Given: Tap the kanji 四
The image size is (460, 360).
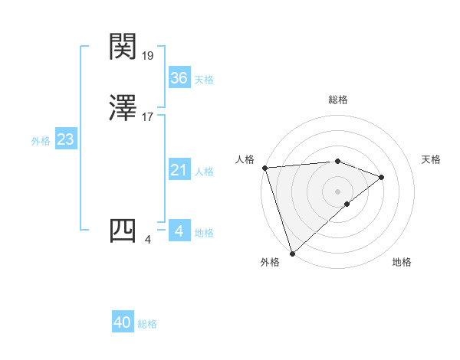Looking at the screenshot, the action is (x=123, y=231).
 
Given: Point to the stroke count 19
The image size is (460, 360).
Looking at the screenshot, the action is (x=149, y=55).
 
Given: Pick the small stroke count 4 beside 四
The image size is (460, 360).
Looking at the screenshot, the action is (x=148, y=240).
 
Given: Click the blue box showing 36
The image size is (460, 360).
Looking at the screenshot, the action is (x=179, y=78).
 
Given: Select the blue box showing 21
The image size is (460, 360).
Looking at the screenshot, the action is (x=179, y=171).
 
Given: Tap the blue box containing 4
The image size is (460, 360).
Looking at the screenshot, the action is (x=179, y=231).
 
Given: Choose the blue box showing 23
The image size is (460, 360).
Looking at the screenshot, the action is (x=65, y=140).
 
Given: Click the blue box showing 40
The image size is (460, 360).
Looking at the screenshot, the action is (x=123, y=323).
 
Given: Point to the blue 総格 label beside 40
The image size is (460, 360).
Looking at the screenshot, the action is (x=147, y=324).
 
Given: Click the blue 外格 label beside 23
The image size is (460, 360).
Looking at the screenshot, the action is (x=41, y=141).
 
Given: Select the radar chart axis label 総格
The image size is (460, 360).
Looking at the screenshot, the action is (x=338, y=100).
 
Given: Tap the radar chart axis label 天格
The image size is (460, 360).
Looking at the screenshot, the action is (x=432, y=159).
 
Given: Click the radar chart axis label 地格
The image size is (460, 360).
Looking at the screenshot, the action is (x=402, y=263).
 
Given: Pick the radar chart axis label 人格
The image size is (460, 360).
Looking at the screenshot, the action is (x=245, y=159).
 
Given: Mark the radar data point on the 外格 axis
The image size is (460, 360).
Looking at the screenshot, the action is (x=292, y=252).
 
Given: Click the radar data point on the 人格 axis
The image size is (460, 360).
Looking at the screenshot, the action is (x=264, y=168).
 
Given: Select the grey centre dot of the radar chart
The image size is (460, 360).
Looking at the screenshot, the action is (x=338, y=191).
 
